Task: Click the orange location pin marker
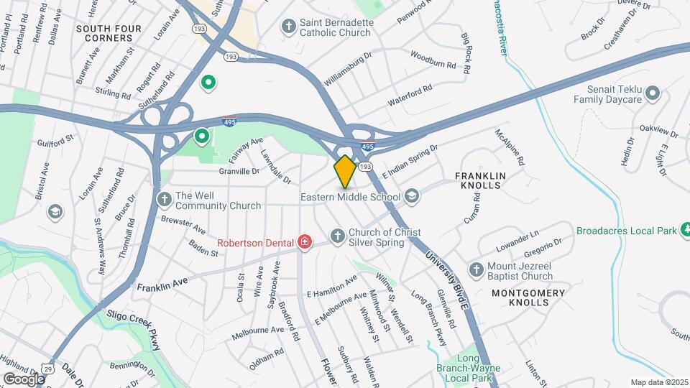[x=345, y=171]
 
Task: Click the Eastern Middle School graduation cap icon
[x=412, y=196]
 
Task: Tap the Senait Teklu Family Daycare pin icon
[x=653, y=93]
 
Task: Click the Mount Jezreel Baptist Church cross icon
[x=475, y=269]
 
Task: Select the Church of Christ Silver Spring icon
[x=337, y=236]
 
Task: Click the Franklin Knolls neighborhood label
[x=481, y=180]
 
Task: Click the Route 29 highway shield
[x=48, y=366]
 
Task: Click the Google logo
[x=24, y=379]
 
